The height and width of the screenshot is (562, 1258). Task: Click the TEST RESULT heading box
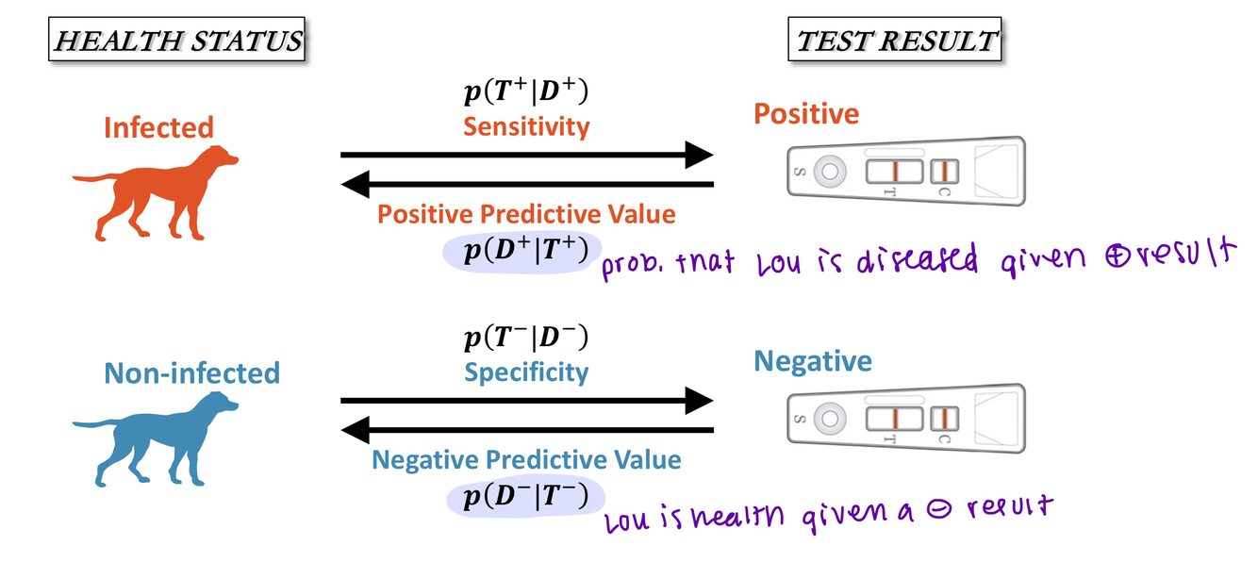[896, 41]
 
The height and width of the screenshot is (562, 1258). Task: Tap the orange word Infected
[158, 126]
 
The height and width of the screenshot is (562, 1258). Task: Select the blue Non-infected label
[191, 372]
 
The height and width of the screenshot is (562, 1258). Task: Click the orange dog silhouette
[160, 192]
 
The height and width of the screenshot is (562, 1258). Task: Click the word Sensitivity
[526, 125]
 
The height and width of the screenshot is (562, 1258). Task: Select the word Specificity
[526, 372]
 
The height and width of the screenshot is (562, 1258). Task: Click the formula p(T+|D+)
[526, 93]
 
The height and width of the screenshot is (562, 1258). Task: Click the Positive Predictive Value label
[526, 214]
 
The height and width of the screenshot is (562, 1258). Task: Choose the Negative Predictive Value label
[526, 460]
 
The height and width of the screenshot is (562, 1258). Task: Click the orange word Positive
[806, 114]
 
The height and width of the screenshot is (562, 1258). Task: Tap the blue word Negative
[813, 360]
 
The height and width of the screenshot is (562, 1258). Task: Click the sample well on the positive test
[830, 172]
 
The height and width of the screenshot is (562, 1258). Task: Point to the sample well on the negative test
[830, 418]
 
